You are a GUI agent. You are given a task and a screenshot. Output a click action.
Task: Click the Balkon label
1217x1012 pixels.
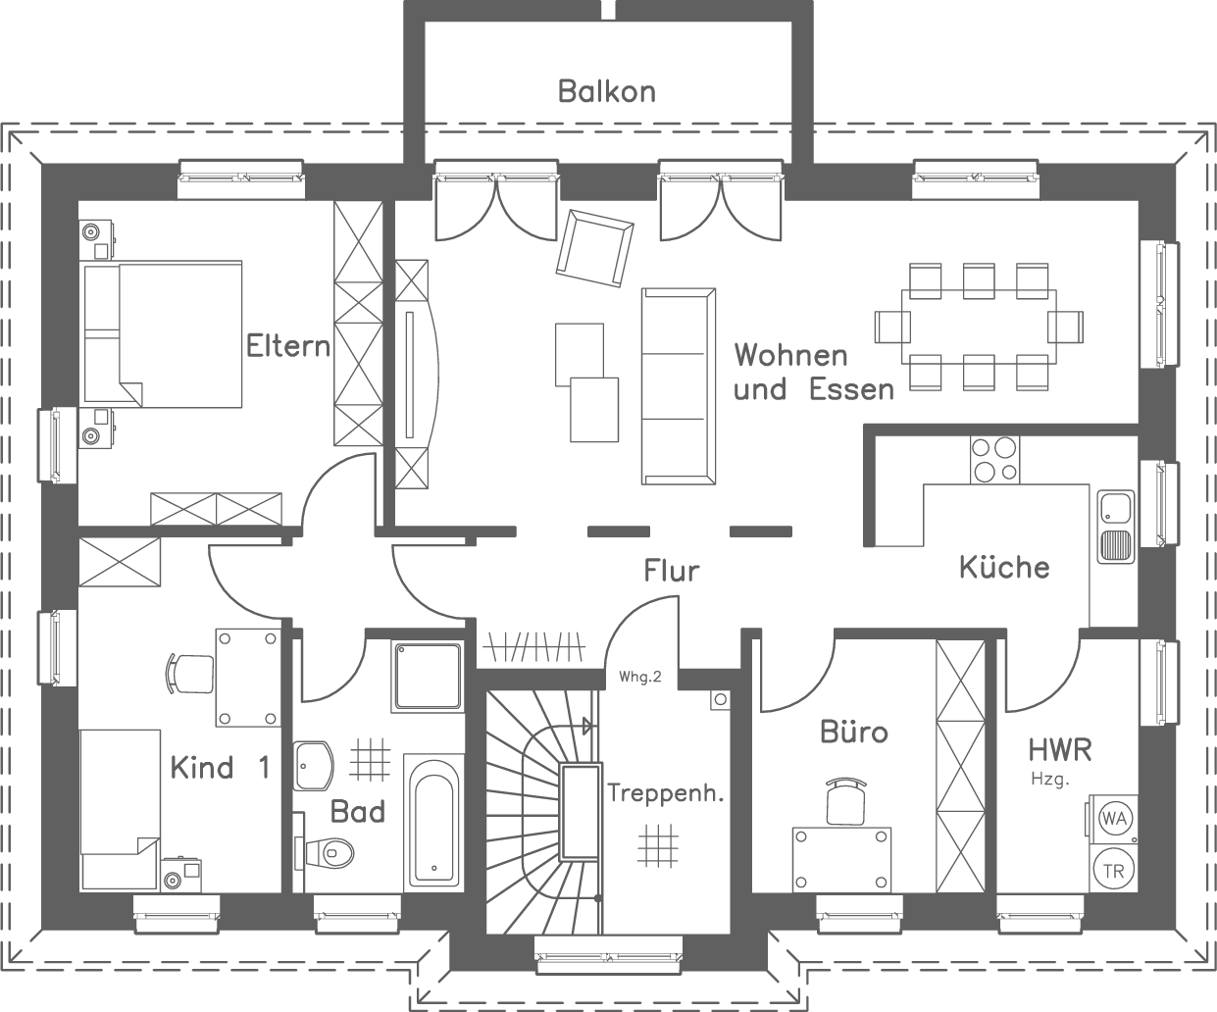click(606, 91)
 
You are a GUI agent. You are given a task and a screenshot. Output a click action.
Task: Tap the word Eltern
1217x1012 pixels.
click(287, 346)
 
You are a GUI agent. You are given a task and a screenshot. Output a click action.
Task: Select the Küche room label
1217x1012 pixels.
click(1004, 567)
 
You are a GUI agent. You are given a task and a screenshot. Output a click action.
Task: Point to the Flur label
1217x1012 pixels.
click(672, 570)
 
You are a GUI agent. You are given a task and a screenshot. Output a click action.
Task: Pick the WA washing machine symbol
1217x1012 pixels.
click(1113, 817)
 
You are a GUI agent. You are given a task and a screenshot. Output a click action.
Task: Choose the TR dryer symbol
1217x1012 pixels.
click(1113, 870)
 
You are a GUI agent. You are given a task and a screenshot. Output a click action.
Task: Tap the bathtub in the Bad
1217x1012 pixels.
click(431, 822)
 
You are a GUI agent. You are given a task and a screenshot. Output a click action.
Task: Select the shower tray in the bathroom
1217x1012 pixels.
click(427, 675)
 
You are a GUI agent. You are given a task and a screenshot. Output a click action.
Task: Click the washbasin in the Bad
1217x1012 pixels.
click(314, 765)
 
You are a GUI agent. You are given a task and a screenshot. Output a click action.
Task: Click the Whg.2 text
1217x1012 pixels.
click(641, 677)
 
